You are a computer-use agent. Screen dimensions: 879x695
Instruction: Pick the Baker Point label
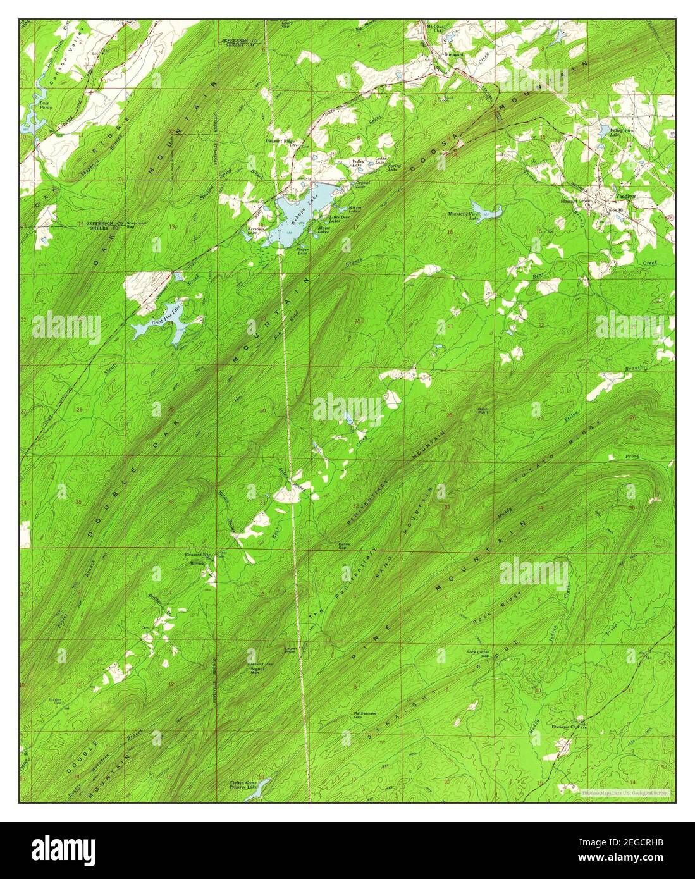tap(483, 410)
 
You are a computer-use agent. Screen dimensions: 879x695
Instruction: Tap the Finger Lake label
tap(302, 251)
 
